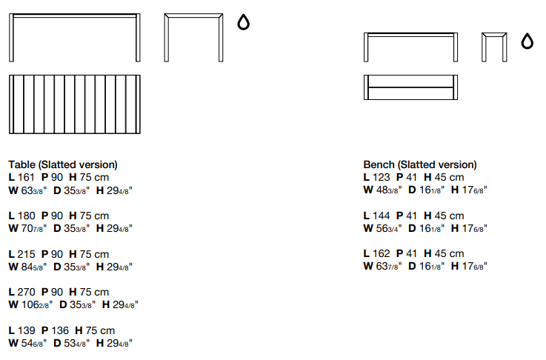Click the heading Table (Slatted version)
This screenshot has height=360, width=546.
click(x=63, y=164)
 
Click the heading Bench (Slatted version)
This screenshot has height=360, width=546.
click(x=420, y=164)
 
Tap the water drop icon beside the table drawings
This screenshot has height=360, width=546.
click(x=243, y=24)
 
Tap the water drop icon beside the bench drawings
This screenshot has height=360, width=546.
click(x=527, y=41)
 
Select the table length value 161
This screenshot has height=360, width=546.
click(x=27, y=177)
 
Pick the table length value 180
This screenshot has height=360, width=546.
click(x=27, y=216)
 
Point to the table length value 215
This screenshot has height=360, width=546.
click(x=27, y=254)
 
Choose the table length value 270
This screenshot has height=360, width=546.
click(x=27, y=292)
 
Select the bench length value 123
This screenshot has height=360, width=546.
click(x=382, y=177)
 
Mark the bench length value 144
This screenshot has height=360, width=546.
click(x=382, y=216)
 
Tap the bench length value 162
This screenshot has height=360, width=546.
click(x=382, y=254)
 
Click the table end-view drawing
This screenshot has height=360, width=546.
click(x=193, y=37)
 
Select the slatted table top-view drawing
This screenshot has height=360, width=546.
click(x=74, y=104)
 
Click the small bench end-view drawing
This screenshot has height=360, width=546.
click(x=493, y=47)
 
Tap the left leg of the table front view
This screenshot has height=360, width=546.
click(x=12, y=39)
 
